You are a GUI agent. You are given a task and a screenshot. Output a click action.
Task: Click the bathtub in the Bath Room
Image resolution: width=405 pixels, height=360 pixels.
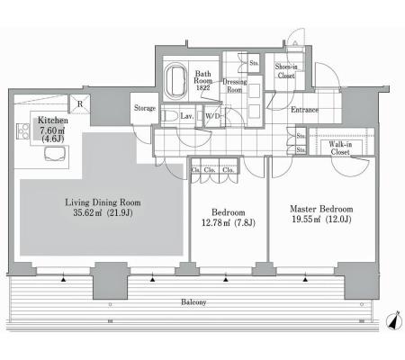pyautogui.click(x=175, y=79)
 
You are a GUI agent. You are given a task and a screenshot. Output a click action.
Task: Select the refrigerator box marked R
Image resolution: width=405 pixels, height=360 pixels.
pyautogui.click(x=80, y=103)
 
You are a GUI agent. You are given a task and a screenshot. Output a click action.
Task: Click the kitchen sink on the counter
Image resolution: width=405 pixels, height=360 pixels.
pyautogui.click(x=54, y=154)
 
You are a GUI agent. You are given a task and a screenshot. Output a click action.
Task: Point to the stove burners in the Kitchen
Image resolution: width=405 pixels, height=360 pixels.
pyautogui.click(x=22, y=131)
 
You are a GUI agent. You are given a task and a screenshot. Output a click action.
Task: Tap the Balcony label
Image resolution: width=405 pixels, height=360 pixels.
pyautogui.click(x=193, y=302)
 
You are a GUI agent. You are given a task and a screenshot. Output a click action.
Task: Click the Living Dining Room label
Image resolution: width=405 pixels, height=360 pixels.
pyautogui.click(x=103, y=202)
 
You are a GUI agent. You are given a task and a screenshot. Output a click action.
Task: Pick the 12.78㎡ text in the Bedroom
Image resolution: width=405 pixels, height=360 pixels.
pyautogui.click(x=214, y=222)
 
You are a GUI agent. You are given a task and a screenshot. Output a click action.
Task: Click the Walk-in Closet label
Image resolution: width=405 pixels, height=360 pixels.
pyautogui.click(x=340, y=148)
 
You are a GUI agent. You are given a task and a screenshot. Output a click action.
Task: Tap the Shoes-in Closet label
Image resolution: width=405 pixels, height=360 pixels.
pyautogui.click(x=286, y=71)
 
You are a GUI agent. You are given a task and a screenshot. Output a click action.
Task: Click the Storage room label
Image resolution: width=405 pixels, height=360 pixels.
pyautogui.click(x=145, y=108)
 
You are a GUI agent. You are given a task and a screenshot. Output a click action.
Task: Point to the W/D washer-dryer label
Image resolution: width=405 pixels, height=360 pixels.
pyautogui.click(x=213, y=116)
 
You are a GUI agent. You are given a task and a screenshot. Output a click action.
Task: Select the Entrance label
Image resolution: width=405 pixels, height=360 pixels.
pyautogui.click(x=304, y=110)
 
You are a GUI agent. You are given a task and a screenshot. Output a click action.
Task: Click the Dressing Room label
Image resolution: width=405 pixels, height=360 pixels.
pyautogui.click(x=235, y=85)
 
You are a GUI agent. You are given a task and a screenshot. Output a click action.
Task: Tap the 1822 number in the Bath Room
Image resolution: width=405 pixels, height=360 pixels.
pyautogui.click(x=203, y=87)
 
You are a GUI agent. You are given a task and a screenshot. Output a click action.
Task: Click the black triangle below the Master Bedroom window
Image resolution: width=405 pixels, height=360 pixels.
pyautogui.click(x=305, y=280)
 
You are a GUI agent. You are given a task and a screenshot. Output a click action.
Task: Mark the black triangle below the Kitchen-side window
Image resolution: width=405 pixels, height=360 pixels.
pyautogui.click(x=63, y=280)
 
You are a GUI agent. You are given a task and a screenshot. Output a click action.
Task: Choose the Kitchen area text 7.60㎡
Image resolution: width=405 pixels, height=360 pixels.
pyautogui.click(x=52, y=130)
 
